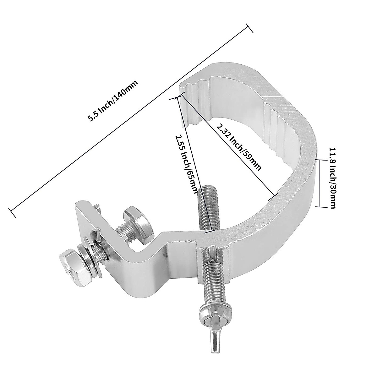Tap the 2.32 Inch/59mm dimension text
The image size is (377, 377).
coord(239,146)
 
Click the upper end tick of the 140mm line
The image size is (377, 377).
coord(249,28)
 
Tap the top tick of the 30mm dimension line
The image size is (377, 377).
coord(320,160)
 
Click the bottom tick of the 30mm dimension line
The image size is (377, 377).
coord(320,206)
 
